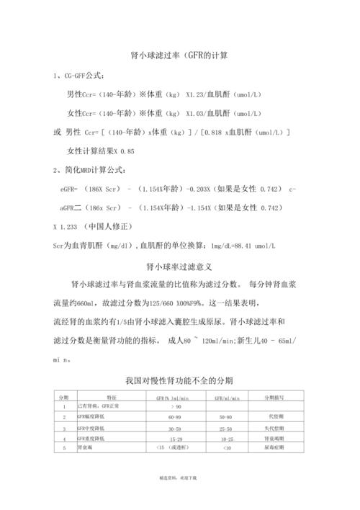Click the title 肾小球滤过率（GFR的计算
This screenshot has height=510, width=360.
point(180,55)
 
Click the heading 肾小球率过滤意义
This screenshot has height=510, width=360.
point(180,264)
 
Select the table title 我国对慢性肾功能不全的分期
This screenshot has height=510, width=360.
point(180,379)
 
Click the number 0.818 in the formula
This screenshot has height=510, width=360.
point(215,133)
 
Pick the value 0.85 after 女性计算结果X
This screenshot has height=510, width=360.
point(126,151)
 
